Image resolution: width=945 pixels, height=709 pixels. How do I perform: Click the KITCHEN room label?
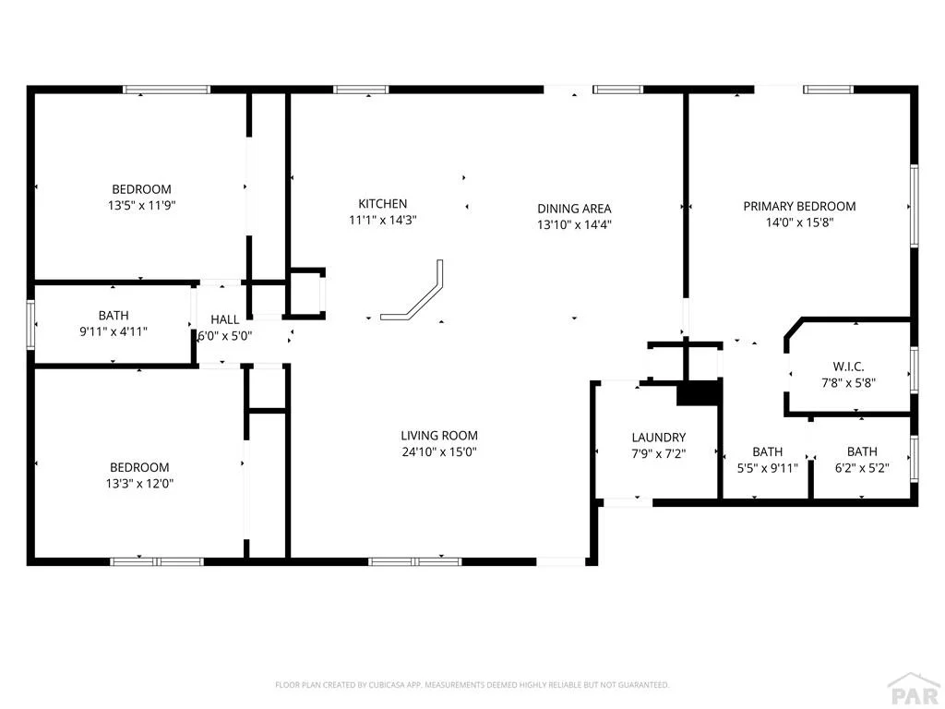(383, 204)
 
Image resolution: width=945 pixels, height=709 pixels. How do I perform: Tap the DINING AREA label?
(574, 209)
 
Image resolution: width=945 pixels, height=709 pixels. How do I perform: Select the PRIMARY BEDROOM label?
(799, 206)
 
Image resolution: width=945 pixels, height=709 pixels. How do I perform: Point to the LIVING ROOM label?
(439, 436)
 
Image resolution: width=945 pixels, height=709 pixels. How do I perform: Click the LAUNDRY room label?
(659, 438)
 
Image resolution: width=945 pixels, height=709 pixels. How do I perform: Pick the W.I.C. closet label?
(849, 367)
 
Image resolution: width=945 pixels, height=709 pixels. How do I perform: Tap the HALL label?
(225, 319)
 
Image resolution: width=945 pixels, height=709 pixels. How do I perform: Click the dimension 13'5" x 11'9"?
(141, 206)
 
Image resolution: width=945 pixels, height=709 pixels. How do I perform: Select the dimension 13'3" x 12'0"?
(140, 484)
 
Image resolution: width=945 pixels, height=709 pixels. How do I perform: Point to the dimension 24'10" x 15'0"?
(439, 451)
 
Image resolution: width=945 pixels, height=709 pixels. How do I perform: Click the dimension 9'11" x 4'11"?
(114, 331)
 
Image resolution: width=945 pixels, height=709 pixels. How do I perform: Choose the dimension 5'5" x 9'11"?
(768, 468)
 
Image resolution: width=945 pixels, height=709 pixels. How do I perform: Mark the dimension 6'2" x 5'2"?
(862, 468)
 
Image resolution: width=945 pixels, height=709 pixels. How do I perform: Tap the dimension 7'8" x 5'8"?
(849, 383)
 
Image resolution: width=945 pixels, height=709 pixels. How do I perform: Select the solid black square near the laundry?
(700, 393)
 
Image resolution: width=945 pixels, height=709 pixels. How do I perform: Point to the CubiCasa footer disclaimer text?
(472, 685)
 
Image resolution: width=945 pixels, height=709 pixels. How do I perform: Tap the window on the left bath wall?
(30, 324)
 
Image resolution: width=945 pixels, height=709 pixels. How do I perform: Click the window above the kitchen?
(361, 90)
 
